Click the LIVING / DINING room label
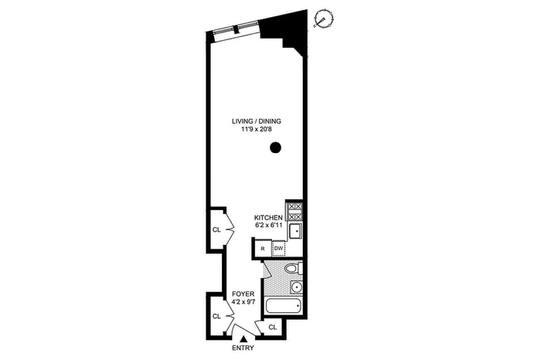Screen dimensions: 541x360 (257, 121)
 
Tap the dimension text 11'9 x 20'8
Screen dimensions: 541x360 (257, 130)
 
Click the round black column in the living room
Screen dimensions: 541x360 (275, 148)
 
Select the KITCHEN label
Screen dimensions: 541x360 (268, 218)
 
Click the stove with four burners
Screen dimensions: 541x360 (294, 212)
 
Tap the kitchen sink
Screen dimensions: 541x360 (295, 231)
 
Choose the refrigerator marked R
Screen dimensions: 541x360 (263, 249)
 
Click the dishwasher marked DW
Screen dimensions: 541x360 (279, 248)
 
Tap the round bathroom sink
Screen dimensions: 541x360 (296, 287)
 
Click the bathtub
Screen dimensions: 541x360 (283, 306)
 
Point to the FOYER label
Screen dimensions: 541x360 (243, 294)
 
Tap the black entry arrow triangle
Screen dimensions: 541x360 (243, 339)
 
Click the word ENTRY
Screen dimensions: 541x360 (243, 348)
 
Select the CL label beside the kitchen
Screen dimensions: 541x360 (216, 230)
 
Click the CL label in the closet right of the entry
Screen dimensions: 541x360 (273, 328)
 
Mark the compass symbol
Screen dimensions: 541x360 (324, 19)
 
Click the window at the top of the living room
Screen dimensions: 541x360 (236, 29)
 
